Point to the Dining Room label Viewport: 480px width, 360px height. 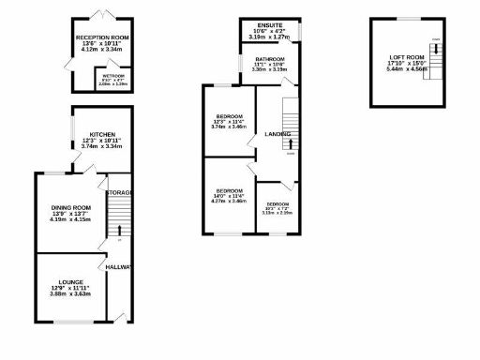(x=71, y=207)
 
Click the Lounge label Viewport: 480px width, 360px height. (x=70, y=282)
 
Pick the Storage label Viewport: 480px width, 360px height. (x=119, y=192)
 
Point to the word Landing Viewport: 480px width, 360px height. (x=277, y=134)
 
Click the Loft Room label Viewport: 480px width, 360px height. (x=406, y=57)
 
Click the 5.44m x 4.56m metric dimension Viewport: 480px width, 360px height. (x=406, y=72)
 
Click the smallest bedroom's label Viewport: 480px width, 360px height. (x=277, y=204)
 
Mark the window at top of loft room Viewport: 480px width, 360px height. (x=406, y=19)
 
